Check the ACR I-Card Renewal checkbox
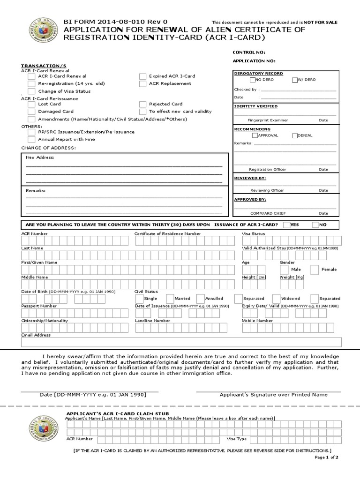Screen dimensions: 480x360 [31, 76]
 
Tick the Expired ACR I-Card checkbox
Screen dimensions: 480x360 [142, 76]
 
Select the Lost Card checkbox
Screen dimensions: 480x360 [31, 105]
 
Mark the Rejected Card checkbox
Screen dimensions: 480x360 [142, 105]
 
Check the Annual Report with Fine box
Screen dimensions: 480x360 [31, 140]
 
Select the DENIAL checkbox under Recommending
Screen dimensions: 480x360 [294, 135]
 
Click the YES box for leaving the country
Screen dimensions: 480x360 [286, 225]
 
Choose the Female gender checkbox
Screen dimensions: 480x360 [313, 270]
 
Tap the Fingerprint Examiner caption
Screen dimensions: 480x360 [268, 120]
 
